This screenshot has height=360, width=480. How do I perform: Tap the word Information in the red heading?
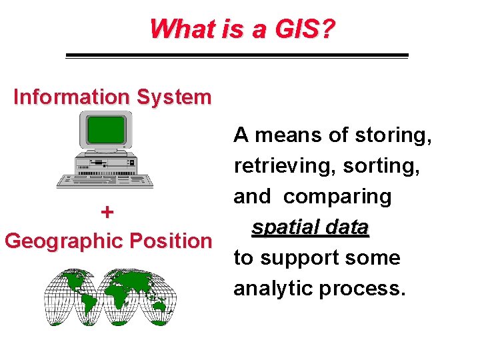point(73,97)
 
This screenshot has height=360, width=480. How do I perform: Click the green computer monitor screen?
point(106,129)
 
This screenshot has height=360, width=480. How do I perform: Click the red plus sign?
point(107,212)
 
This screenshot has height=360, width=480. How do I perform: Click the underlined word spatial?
point(285,227)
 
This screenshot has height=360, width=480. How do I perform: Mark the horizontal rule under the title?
point(237,55)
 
